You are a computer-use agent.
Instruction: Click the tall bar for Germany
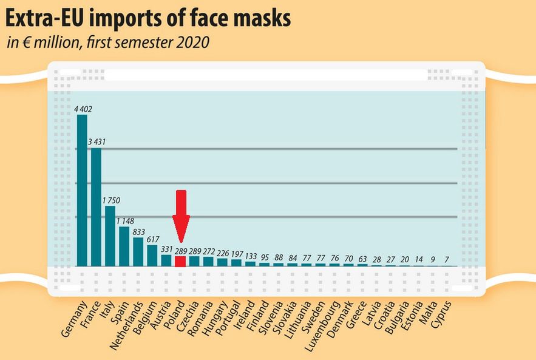point(82,191)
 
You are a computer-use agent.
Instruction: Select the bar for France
point(96,207)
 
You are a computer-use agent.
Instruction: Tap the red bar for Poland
point(180,261)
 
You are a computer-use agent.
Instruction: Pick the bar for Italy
point(110,236)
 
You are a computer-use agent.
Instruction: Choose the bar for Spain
point(124,246)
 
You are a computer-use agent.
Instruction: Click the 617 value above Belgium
point(153,239)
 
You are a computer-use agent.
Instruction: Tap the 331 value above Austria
point(168,249)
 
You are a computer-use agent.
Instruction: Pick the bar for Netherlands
point(138,252)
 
